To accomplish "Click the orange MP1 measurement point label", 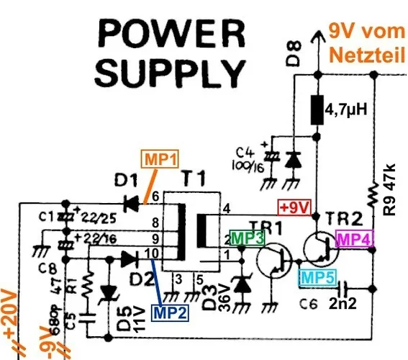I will (x=160, y=160).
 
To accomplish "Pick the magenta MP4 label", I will (x=355, y=240).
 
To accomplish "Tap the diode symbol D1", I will (x=132, y=204).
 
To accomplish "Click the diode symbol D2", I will (x=130, y=257).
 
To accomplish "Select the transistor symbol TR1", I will (x=274, y=260).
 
